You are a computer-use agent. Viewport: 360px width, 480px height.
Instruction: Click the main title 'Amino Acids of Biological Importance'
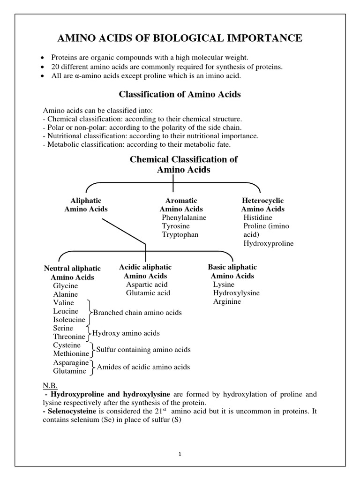(180, 38)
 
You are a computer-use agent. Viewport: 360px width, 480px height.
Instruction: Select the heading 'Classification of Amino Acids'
(180, 94)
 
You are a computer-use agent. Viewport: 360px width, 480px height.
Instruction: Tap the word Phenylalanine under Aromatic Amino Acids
(184, 217)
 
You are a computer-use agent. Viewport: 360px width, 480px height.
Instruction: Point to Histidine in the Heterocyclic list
(258, 217)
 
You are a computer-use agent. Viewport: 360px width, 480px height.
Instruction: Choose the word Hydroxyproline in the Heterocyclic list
(269, 243)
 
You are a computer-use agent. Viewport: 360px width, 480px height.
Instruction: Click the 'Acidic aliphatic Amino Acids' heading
(145, 271)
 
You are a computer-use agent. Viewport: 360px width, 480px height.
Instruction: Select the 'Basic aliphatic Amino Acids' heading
(232, 271)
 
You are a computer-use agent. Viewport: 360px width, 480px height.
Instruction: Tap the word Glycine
(66, 285)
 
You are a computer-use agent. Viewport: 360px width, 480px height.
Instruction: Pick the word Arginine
(227, 301)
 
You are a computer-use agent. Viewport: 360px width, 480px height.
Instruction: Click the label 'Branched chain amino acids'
(137, 312)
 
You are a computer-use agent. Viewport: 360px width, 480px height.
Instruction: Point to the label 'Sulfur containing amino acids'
(143, 350)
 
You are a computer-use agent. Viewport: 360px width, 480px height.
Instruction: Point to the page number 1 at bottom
(180, 454)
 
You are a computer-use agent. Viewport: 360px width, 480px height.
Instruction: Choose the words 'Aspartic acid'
(147, 285)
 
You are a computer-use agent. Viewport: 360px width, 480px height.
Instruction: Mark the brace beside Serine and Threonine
(89, 333)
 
